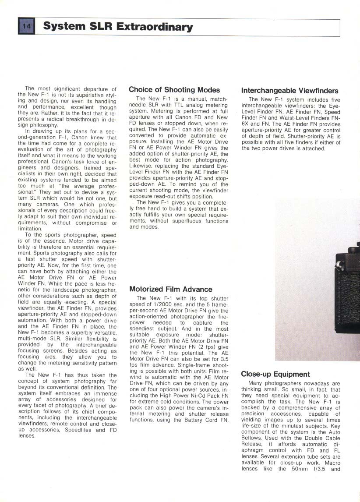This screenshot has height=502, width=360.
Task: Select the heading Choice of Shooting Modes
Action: (174, 90)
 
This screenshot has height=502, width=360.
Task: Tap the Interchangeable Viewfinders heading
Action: (289, 91)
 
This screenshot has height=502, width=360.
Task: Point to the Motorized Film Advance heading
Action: (171, 289)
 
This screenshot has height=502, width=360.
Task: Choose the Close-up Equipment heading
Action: (275, 374)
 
